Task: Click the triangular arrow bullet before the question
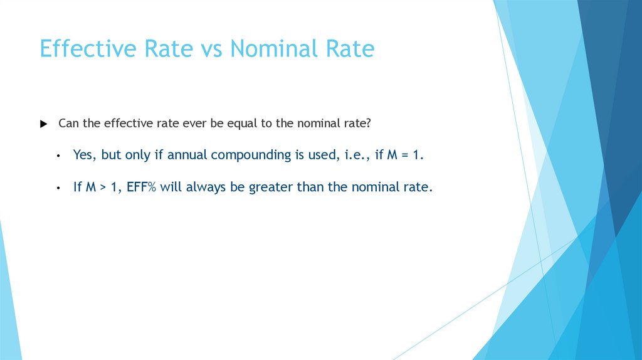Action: click(43, 124)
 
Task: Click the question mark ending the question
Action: click(369, 124)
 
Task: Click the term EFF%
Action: click(137, 188)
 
